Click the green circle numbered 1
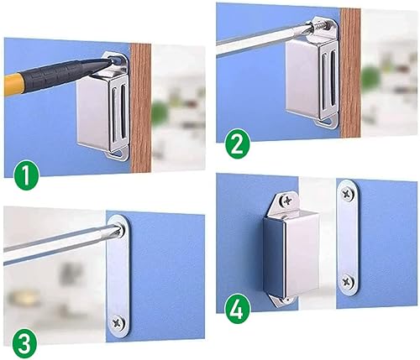click(x=26, y=176)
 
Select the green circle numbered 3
click(x=24, y=344)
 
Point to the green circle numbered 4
click(x=237, y=310)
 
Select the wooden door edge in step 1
click(x=141, y=108)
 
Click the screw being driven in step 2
click(x=322, y=27)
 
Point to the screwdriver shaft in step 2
click(x=263, y=41)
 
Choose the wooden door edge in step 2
click(x=350, y=73)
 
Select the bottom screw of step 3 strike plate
click(x=118, y=323)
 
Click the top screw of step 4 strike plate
click(x=348, y=193)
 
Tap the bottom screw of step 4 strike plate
click(x=348, y=282)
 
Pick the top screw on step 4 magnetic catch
click(x=286, y=201)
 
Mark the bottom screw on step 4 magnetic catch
click(x=286, y=300)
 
